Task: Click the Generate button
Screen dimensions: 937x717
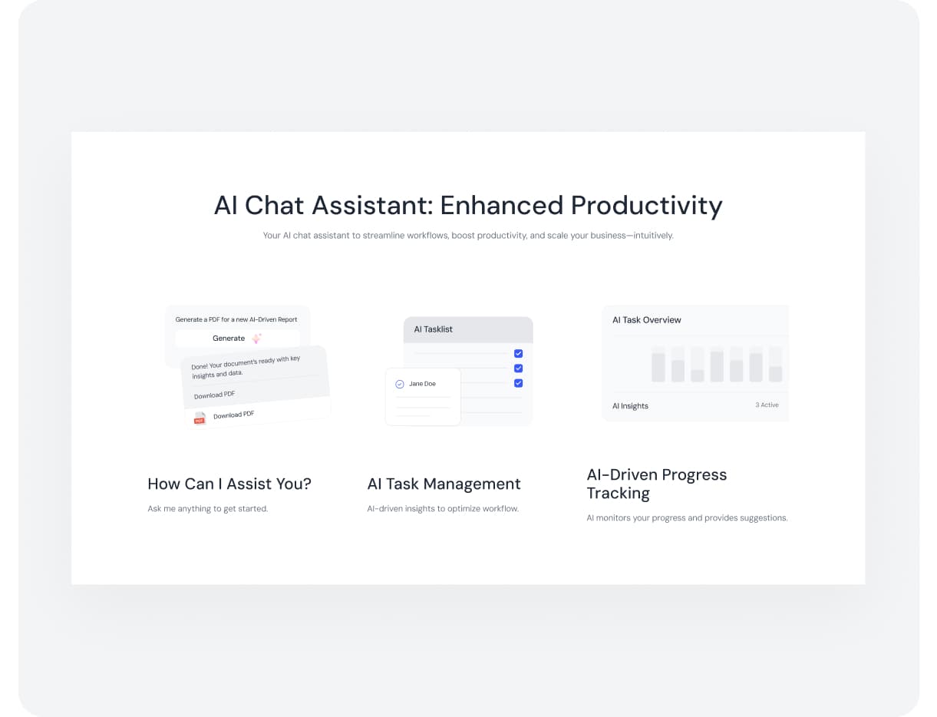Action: [x=237, y=339]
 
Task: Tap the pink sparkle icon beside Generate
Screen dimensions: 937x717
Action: [x=256, y=339]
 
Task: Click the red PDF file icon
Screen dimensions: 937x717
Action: [x=200, y=418]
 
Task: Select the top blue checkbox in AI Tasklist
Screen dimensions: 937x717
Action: [x=518, y=353]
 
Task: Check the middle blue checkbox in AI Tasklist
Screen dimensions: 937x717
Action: [x=518, y=368]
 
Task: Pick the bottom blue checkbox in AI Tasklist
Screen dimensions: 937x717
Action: [x=518, y=383]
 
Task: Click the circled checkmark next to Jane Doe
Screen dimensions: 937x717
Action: [x=400, y=384]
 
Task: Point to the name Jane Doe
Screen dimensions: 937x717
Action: [x=422, y=384]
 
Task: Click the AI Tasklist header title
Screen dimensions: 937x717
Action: [x=433, y=329]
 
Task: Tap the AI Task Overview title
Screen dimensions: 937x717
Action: [x=646, y=320]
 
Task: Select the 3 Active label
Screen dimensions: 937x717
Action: [x=767, y=405]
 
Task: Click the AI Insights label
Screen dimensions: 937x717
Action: [x=630, y=405]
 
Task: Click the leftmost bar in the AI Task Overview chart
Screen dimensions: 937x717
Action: [x=658, y=367]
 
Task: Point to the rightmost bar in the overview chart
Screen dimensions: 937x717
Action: [x=775, y=374]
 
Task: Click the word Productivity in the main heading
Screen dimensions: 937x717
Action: [x=646, y=206]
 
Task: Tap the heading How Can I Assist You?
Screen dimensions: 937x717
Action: [x=229, y=484]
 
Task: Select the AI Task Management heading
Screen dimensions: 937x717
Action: [x=444, y=484]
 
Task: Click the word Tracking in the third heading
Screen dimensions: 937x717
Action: [x=618, y=494]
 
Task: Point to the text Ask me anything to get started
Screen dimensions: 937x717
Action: [x=207, y=509]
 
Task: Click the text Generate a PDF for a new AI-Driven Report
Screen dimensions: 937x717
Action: [x=236, y=319]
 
